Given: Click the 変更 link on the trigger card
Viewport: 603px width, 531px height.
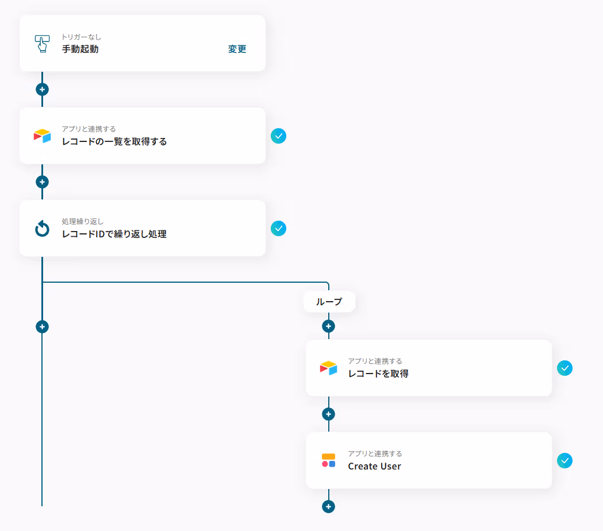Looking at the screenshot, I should (237, 49).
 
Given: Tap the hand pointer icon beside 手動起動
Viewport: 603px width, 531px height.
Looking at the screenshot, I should (42, 44).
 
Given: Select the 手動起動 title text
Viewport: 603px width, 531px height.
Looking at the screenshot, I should (80, 49).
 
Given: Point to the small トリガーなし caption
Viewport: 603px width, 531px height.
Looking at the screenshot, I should (81, 37).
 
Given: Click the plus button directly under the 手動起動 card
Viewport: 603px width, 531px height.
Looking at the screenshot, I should (42, 90).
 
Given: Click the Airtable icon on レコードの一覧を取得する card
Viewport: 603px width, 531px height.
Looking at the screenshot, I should (42, 136).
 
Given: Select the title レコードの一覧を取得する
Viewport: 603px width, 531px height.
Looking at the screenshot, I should (114, 142).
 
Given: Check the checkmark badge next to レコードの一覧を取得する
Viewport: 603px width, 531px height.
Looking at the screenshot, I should (278, 136).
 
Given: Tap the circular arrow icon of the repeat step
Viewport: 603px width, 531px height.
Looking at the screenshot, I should (42, 229).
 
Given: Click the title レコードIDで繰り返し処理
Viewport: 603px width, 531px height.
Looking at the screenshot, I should (114, 234).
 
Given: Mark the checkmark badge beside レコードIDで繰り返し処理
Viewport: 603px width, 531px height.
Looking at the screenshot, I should (278, 229).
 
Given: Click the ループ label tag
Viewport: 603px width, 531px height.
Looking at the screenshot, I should (329, 302).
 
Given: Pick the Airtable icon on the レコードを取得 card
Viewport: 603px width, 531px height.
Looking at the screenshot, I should (328, 368).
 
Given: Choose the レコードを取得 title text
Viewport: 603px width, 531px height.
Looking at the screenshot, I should (378, 374).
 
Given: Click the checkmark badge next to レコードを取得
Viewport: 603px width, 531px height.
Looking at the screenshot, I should (564, 368).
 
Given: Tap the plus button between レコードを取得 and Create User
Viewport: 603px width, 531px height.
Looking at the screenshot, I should (328, 414).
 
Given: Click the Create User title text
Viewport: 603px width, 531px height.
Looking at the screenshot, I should (374, 467).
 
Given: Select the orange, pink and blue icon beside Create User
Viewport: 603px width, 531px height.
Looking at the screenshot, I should (328, 461).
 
